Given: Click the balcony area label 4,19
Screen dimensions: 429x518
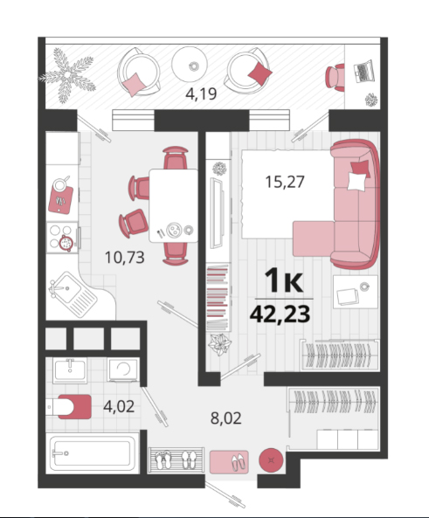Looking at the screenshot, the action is click(201, 93).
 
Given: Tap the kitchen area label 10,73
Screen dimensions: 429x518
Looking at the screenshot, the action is click(125, 258).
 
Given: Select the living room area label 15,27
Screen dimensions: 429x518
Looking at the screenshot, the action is click(285, 182).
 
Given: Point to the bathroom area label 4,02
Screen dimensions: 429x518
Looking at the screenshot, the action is click(119, 406).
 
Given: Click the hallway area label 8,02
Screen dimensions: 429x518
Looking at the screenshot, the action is click(226, 418).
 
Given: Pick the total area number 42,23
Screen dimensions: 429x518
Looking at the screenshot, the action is click(280, 314).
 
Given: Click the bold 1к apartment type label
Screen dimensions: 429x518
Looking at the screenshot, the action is click(284, 280).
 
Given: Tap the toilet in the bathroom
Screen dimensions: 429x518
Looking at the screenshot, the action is click(69, 407).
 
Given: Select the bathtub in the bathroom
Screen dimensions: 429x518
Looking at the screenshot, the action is click(93, 452).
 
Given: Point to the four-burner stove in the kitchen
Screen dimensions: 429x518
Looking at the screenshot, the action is click(62, 238).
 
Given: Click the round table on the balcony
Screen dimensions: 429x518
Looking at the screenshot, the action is click(190, 65).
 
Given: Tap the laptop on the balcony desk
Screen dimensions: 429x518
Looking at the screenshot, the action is click(363, 71).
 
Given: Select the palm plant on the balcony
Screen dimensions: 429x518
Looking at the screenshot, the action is click(67, 75).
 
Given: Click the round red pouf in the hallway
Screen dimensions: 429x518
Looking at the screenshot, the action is click(271, 460).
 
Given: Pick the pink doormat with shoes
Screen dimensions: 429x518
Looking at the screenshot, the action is click(229, 462).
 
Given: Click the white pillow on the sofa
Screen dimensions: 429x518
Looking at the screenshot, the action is click(357, 182).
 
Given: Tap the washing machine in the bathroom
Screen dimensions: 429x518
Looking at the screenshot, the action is click(123, 370).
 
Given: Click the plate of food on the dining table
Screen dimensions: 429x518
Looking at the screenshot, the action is click(174, 230).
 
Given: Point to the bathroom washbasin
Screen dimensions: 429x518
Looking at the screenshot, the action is click(70, 370).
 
